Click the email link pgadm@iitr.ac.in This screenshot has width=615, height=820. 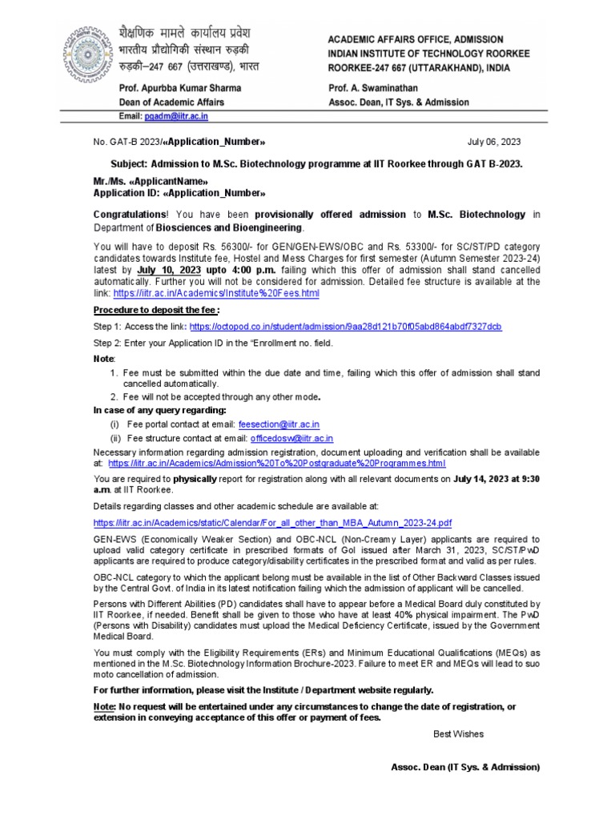[176, 116]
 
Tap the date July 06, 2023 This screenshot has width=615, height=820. [494, 142]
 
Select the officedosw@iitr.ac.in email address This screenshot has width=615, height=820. [291, 439]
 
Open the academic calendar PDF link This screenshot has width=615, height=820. [272, 522]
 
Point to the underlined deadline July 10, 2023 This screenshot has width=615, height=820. [168, 271]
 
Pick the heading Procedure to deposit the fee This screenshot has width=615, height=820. [156, 310]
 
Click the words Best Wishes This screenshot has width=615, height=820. [458, 734]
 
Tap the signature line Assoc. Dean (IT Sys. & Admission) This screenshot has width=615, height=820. [465, 767]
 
